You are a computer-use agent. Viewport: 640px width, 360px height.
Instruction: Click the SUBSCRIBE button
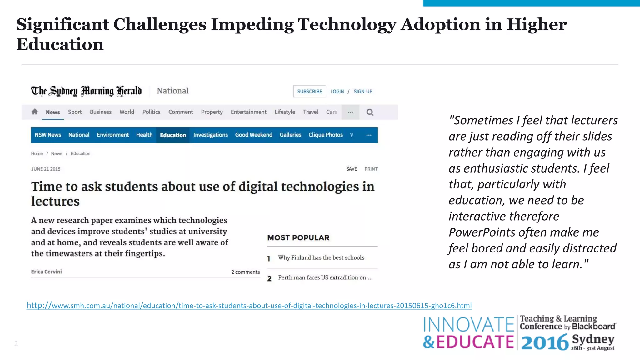(309, 91)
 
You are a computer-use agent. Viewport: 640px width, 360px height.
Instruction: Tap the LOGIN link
(337, 91)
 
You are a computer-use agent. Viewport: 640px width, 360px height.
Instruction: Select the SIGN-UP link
(363, 91)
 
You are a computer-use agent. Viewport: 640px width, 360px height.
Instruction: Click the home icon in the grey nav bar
(35, 112)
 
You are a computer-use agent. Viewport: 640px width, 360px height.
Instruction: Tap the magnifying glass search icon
(370, 112)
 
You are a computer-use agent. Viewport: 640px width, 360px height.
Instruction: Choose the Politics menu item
(151, 112)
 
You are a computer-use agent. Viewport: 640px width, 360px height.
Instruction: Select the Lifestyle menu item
(285, 112)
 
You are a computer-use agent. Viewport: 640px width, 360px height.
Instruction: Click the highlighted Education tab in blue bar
(173, 135)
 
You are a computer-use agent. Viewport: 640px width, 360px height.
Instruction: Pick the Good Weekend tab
(253, 135)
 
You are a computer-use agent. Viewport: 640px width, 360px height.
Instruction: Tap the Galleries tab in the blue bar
(290, 135)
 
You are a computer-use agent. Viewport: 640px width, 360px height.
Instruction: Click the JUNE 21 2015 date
(46, 169)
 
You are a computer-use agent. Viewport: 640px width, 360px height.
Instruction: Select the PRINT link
(371, 169)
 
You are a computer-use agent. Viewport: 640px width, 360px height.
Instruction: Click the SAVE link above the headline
(352, 169)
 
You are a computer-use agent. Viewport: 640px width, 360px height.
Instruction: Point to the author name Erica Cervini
(47, 272)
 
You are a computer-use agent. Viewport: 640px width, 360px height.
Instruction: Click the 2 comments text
(245, 272)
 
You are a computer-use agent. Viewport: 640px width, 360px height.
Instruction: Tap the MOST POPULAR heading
(298, 238)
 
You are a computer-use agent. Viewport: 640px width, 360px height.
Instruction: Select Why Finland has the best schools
(321, 257)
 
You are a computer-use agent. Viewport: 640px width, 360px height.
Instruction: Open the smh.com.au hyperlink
(249, 306)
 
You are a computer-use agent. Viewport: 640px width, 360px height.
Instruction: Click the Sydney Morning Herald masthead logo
(86, 91)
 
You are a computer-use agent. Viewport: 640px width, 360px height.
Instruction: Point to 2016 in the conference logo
(545, 342)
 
